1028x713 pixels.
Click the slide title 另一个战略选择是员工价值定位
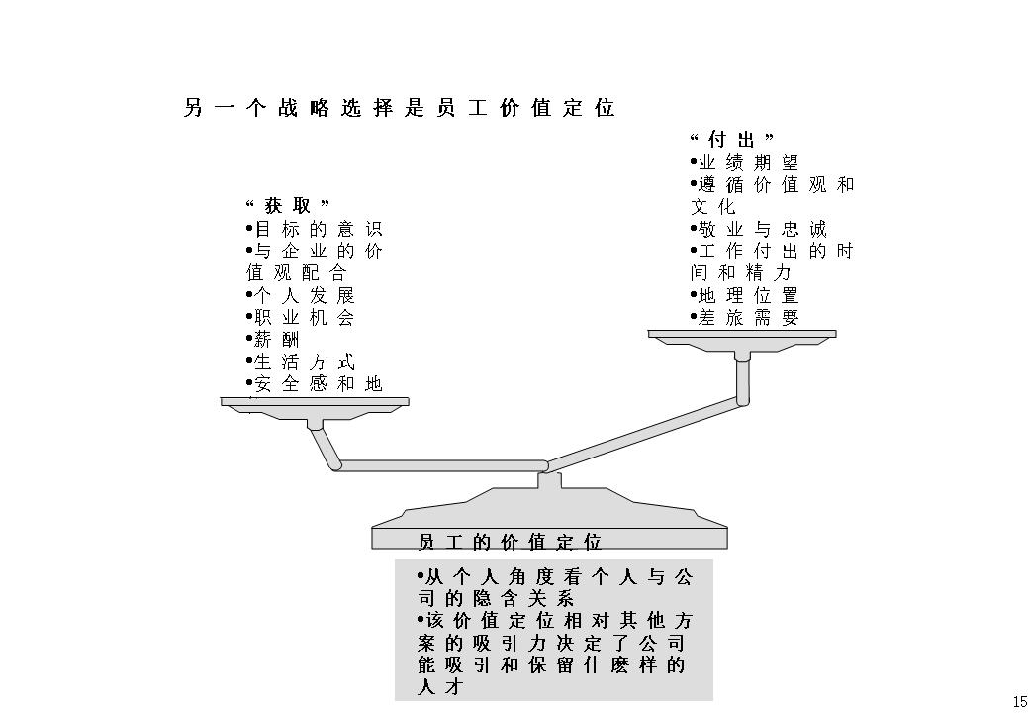coord(400,108)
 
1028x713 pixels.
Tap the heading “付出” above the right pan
coord(731,140)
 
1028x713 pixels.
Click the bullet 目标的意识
coord(313,229)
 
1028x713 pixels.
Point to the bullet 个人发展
coord(301,295)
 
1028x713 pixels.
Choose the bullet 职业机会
coord(301,318)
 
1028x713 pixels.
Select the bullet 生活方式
coord(301,362)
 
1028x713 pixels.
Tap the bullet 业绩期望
coord(745,162)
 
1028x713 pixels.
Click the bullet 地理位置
coord(745,295)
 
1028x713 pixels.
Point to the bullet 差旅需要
coord(745,318)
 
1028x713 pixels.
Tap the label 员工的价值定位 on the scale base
coord(511,542)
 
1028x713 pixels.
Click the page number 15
coord(1018,701)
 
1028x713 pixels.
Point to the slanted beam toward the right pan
coord(643,433)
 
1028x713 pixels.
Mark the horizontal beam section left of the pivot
coord(440,465)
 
